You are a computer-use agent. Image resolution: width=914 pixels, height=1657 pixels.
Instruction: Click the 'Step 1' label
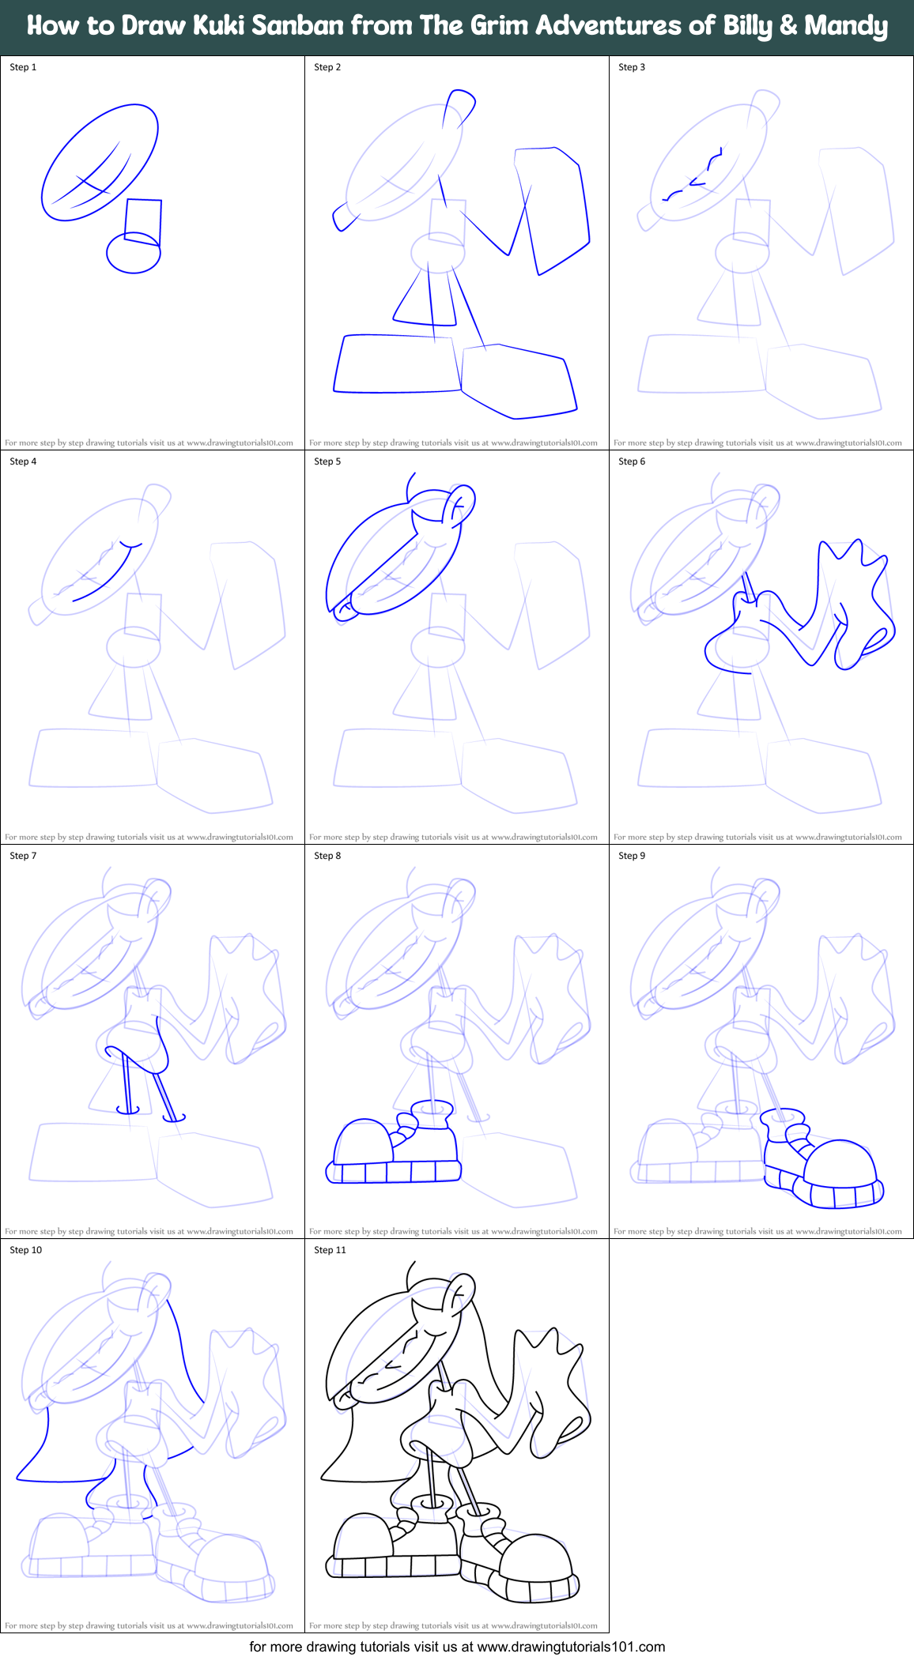click(23, 67)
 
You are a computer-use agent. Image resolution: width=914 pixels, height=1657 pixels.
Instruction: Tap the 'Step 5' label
click(327, 461)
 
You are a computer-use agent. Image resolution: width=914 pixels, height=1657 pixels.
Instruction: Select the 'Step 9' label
click(632, 856)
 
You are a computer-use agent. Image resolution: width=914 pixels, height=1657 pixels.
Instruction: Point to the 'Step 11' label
click(330, 1250)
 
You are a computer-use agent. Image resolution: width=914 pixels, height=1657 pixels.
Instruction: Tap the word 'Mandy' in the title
click(845, 25)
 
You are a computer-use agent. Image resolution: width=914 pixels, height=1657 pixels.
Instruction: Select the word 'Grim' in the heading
click(499, 25)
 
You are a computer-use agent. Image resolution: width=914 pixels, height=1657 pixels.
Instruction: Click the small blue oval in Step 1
click(134, 253)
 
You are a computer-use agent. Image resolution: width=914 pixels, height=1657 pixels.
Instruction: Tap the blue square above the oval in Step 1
click(143, 221)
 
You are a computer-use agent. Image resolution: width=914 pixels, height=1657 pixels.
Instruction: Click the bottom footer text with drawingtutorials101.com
click(457, 1647)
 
